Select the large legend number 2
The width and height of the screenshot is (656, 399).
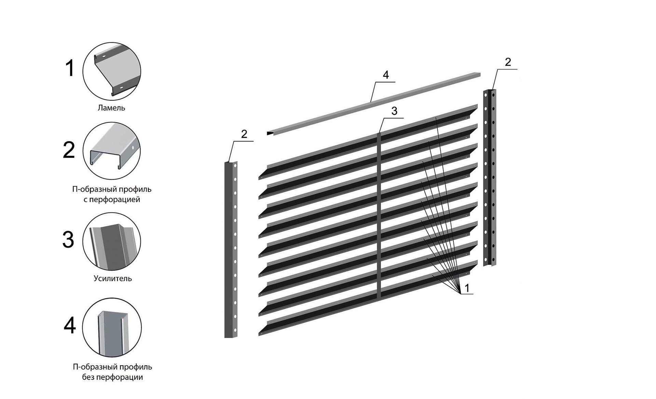[x=69, y=150]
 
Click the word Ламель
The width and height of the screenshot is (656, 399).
[x=111, y=108]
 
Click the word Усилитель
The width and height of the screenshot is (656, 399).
[x=113, y=279]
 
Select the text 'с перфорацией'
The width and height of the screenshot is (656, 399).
[x=112, y=199]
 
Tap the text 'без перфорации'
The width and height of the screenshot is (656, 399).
[x=112, y=377]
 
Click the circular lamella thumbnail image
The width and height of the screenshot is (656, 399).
[x=112, y=71]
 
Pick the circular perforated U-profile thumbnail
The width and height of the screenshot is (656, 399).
[x=112, y=151]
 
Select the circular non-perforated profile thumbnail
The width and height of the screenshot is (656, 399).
[x=112, y=327]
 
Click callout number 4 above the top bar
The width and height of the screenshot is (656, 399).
[x=386, y=75]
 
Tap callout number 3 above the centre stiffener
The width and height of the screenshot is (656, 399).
[x=395, y=111]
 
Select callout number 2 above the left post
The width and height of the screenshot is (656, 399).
[x=244, y=134]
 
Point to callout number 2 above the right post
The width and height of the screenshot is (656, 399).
[x=508, y=62]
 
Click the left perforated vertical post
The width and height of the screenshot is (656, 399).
[x=231, y=250]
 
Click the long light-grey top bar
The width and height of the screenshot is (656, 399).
[x=373, y=104]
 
